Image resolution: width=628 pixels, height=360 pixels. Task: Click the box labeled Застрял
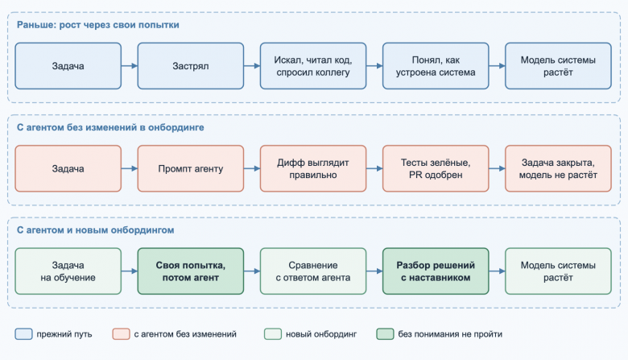pyautogui.click(x=191, y=66)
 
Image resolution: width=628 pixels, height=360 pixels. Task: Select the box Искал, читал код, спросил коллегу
pyautogui.click(x=313, y=66)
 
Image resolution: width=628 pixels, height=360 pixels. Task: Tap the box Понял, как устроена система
pyautogui.click(x=436, y=66)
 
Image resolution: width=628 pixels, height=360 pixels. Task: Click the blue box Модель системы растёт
pyautogui.click(x=558, y=66)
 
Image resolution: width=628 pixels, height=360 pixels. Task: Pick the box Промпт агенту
pyautogui.click(x=191, y=168)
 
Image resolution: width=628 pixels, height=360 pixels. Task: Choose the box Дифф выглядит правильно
pyautogui.click(x=313, y=168)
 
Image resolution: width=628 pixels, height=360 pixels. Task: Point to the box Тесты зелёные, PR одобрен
pyautogui.click(x=436, y=168)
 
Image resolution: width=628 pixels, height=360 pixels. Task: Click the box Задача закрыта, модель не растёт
pyautogui.click(x=558, y=168)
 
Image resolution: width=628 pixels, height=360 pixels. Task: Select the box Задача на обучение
pyautogui.click(x=68, y=271)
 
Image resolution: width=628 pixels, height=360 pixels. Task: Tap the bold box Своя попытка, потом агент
pyautogui.click(x=191, y=271)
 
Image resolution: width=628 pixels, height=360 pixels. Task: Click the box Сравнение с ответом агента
pyautogui.click(x=313, y=271)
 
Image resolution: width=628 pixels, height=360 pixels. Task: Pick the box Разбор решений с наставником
pyautogui.click(x=436, y=271)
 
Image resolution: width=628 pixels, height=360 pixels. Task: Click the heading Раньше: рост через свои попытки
pyautogui.click(x=97, y=25)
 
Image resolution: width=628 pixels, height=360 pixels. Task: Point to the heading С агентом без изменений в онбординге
pyautogui.click(x=110, y=127)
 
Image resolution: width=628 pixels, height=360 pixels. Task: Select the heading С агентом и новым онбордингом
pyautogui.click(x=95, y=230)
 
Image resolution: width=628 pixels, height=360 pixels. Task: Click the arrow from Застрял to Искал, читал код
pyautogui.click(x=252, y=66)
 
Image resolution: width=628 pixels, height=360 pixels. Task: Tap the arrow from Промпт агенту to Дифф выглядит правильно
pyautogui.click(x=252, y=168)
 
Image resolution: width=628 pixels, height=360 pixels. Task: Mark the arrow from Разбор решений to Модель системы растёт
pyautogui.click(x=497, y=271)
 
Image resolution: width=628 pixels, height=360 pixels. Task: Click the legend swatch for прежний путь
pyautogui.click(x=23, y=334)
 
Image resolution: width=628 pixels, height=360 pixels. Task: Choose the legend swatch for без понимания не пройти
pyautogui.click(x=385, y=334)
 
